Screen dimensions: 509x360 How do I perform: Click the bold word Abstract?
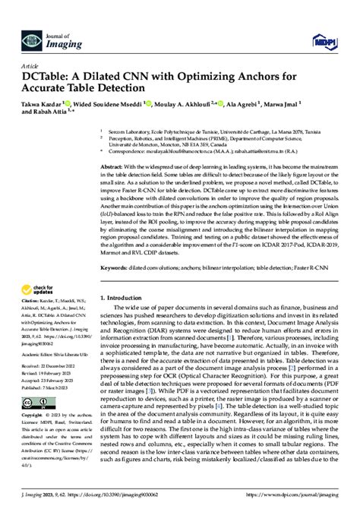tap(114, 166)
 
